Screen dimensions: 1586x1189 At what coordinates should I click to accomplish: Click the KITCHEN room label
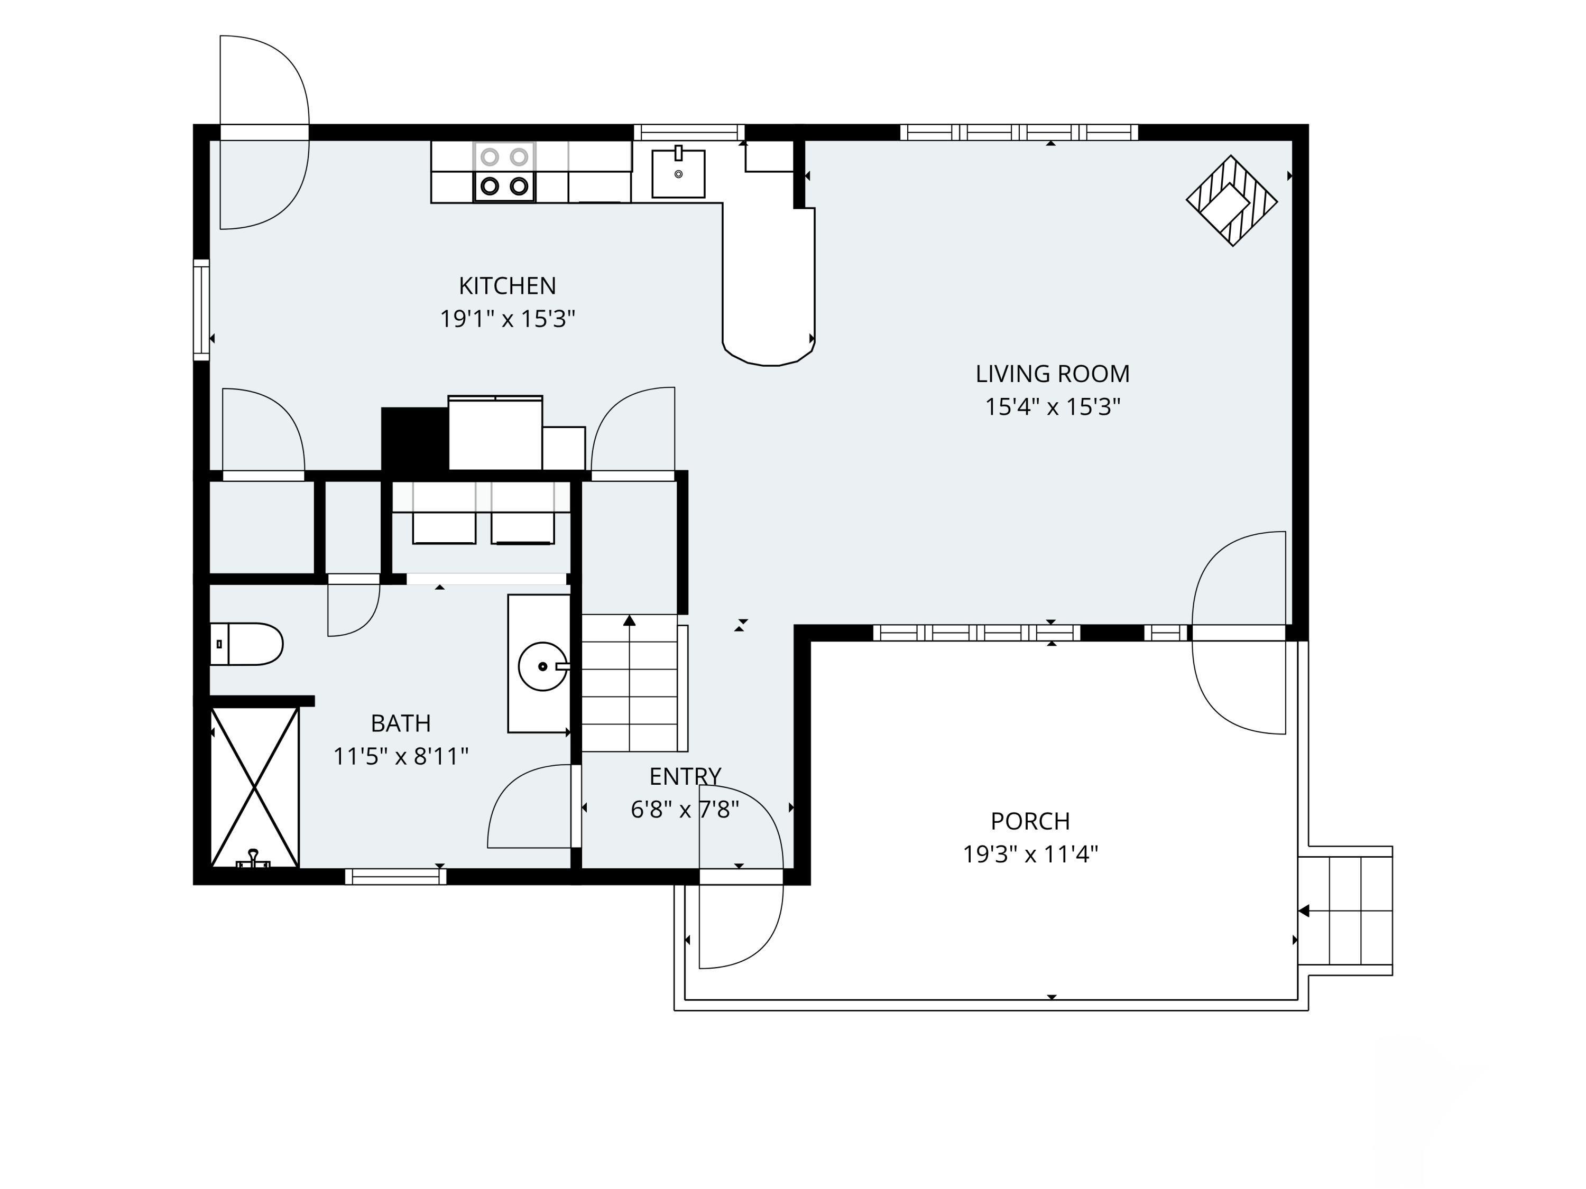pos(507,286)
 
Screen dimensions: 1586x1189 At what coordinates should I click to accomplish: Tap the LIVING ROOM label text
pos(1052,374)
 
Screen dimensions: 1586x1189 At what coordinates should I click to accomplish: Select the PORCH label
pos(1030,821)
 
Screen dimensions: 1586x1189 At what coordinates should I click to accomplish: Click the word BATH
pos(401,723)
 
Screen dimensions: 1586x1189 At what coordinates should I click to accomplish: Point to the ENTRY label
pos(685,776)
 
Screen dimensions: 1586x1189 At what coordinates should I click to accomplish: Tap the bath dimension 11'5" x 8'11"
pos(401,756)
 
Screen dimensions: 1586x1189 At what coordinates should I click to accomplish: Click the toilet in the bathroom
pos(247,644)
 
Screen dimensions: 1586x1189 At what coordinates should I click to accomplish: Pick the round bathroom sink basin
pos(543,666)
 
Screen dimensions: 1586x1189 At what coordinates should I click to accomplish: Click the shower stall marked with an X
pos(254,788)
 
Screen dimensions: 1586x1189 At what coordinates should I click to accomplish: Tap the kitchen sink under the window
pos(678,173)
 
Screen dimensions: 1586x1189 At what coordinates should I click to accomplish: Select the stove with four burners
pos(504,172)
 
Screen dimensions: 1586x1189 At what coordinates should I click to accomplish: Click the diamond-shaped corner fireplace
pos(1232,201)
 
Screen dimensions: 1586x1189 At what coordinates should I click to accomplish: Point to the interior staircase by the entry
pos(630,683)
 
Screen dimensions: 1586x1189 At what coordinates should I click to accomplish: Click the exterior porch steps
pos(1345,910)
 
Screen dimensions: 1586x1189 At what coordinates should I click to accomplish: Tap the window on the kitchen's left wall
pos(201,310)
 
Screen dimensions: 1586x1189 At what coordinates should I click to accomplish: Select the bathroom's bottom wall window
pos(396,877)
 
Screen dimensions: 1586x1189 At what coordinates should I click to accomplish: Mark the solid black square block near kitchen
pos(414,439)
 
